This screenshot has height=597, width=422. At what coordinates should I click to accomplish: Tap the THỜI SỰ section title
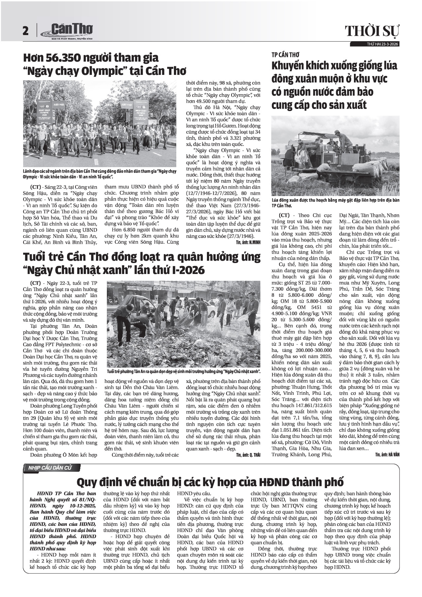(x=372, y=31)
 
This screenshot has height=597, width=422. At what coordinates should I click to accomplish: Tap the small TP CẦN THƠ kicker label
(x=285, y=55)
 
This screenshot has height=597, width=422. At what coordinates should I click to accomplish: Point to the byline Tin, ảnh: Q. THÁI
(x=250, y=455)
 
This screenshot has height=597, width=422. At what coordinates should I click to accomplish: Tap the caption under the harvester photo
(x=335, y=203)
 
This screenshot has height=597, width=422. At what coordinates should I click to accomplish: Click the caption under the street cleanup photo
(x=184, y=371)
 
